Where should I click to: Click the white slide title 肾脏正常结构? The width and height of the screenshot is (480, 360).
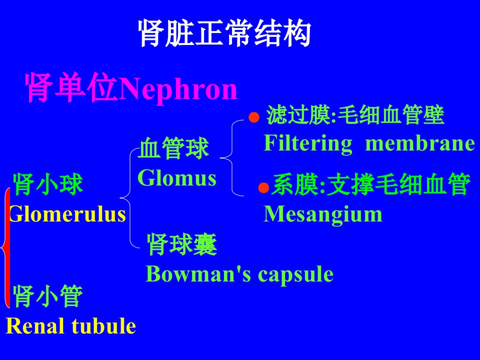click(224, 33)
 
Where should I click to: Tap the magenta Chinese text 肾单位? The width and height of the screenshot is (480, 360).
click(71, 87)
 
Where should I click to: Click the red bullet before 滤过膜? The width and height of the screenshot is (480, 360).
click(254, 117)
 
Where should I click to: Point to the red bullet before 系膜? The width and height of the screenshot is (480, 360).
click(263, 187)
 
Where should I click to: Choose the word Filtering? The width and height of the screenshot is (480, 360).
click(308, 144)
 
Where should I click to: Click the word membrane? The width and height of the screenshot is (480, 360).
click(420, 143)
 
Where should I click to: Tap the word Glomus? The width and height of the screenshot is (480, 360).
click(177, 178)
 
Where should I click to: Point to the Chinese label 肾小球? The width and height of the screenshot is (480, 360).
click(48, 184)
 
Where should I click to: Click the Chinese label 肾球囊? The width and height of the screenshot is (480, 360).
click(182, 244)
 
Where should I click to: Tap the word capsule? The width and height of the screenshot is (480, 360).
click(295, 275)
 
